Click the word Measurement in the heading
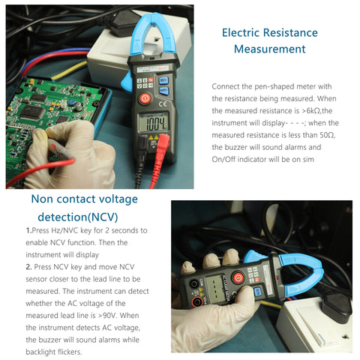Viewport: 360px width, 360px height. tap(269, 49)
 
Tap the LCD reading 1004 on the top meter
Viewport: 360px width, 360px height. tap(157, 124)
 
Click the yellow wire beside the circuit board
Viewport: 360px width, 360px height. tap(71, 69)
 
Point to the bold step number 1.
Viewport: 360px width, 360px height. tap(28, 230)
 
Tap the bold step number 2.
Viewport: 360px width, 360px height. tap(28, 266)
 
